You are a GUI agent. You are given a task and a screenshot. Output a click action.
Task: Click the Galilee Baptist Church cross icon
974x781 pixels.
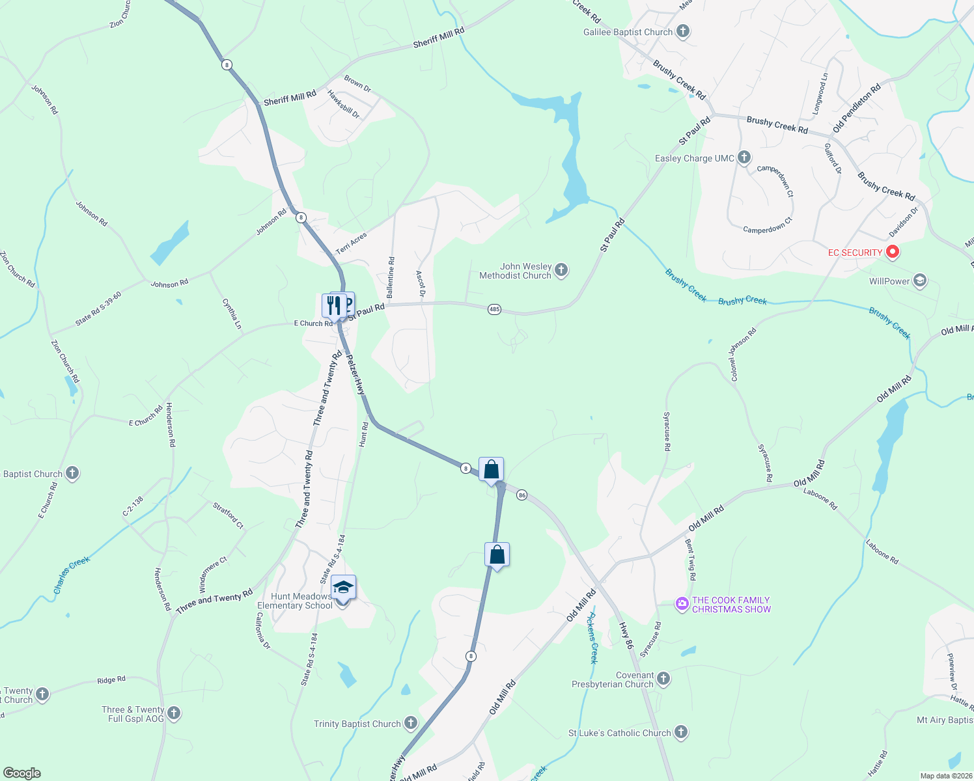pos(682,31)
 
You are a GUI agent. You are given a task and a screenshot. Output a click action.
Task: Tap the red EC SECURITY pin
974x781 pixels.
pos(893,252)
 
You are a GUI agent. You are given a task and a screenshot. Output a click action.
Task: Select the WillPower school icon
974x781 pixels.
pos(920,281)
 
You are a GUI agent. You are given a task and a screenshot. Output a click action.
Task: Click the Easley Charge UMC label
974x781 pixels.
pos(694,158)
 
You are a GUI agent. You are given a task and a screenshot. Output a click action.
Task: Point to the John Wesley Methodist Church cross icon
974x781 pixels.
pos(561,269)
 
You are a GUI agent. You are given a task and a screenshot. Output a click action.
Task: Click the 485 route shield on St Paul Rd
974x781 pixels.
pos(494,309)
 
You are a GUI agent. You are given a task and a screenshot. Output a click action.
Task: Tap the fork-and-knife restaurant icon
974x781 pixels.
pos(333,305)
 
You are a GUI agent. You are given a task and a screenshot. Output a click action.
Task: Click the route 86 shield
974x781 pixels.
pos(522,495)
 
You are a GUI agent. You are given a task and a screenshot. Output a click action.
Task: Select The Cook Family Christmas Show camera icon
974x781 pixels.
pos(682,604)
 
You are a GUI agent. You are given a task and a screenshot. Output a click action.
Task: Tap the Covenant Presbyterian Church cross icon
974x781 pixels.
pos(663,679)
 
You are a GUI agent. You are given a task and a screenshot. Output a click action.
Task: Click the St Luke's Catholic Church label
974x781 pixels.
pos(619,733)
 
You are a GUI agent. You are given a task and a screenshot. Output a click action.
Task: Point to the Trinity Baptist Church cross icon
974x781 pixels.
pos(410,722)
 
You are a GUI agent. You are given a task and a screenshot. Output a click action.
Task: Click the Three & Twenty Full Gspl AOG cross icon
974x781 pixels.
pos(174,713)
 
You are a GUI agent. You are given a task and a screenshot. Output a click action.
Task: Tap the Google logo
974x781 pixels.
pos(21,773)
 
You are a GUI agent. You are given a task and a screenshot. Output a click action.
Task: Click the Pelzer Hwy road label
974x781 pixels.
pos(355,375)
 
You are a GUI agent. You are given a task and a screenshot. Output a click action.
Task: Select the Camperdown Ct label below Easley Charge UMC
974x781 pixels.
pos(768,229)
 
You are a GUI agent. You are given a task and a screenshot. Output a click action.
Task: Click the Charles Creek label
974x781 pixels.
pos(72,575)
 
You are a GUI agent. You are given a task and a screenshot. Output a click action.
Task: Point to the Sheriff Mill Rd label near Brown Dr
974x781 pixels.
pos(290,98)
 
